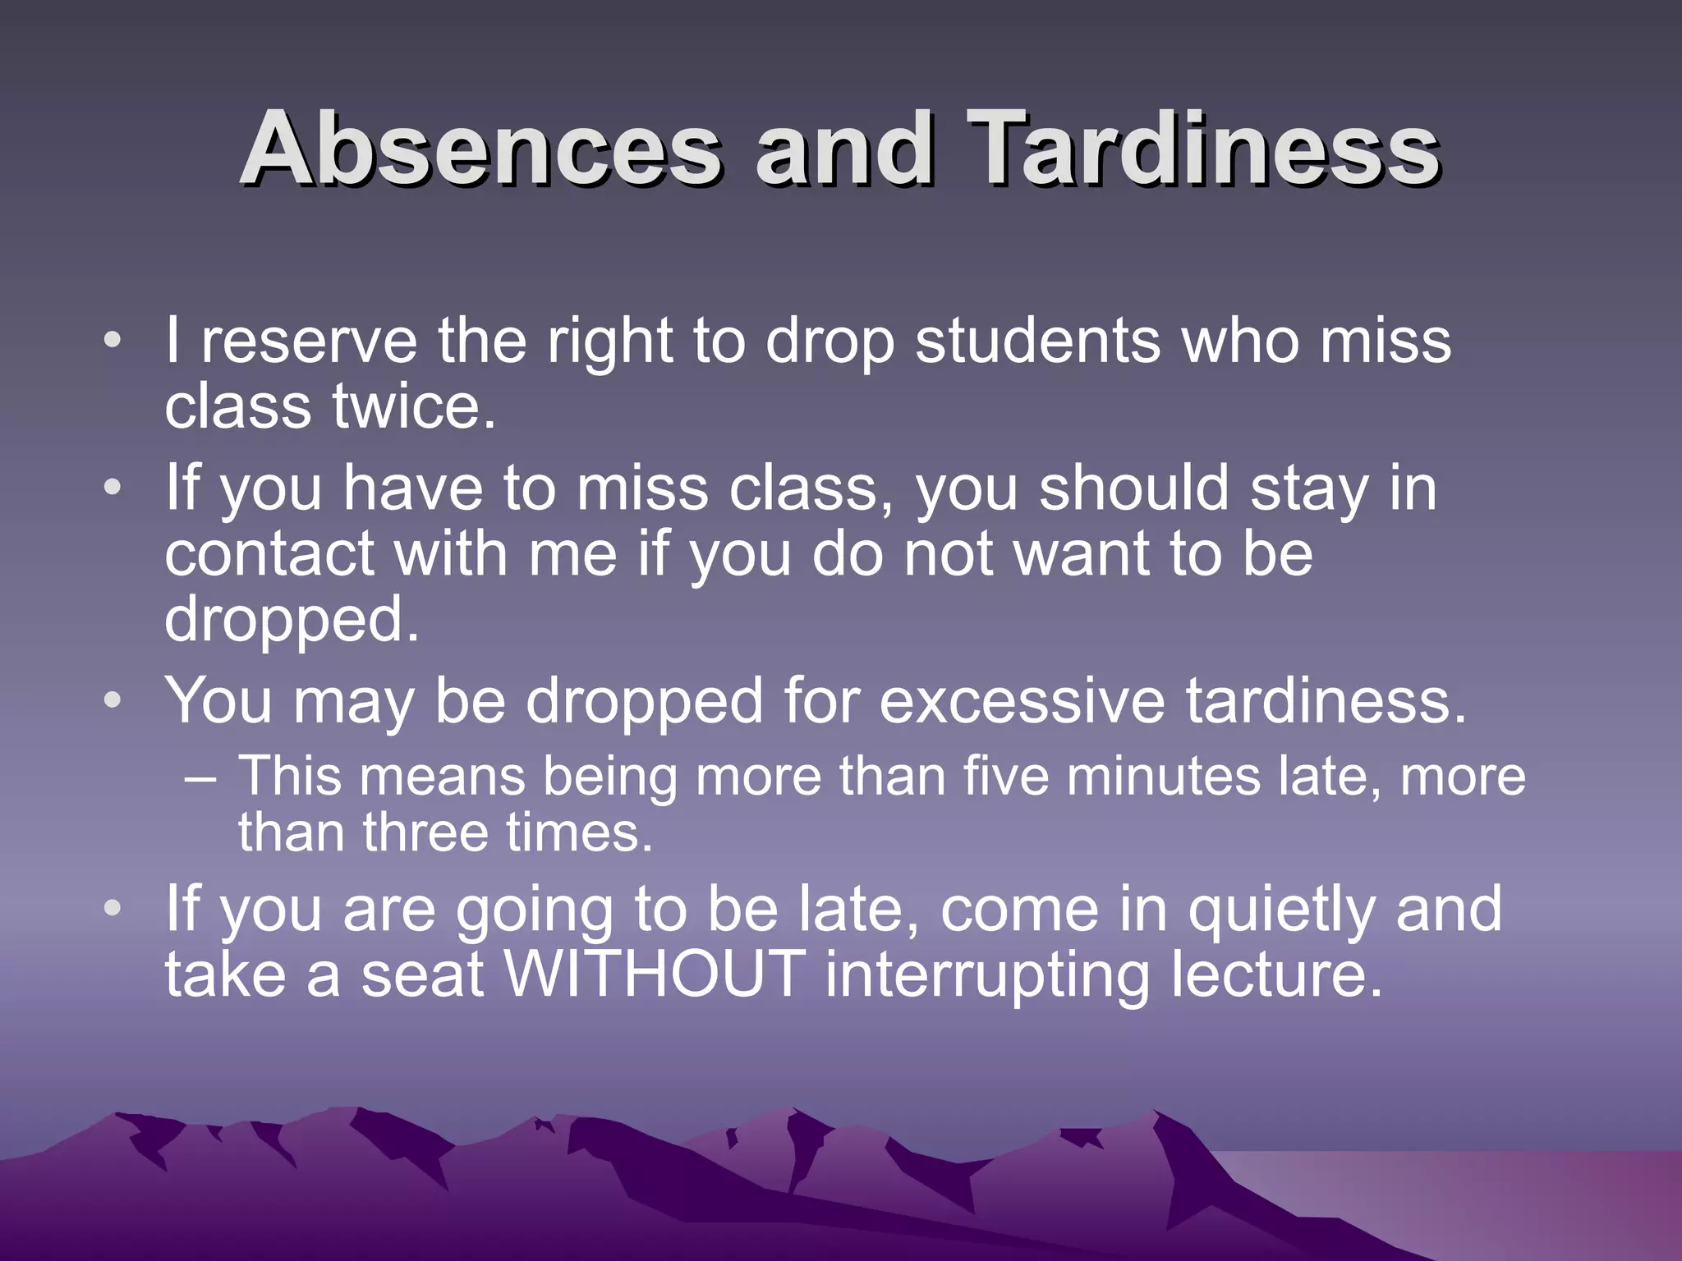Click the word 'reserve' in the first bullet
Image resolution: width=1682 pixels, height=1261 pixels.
pos(309,341)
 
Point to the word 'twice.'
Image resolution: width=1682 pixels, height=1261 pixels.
pos(414,407)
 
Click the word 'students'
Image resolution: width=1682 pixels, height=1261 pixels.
pos(1037,341)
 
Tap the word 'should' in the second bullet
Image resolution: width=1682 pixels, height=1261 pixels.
pos(1133,488)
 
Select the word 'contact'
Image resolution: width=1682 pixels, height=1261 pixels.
pos(269,554)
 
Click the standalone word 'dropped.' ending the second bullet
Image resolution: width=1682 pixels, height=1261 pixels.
pos(292,621)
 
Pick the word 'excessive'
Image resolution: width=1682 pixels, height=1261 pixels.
pos(1021,702)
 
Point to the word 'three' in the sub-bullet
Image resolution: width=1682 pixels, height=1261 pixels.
pos(426,832)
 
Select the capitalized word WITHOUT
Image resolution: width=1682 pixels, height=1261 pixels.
pos(655,974)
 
